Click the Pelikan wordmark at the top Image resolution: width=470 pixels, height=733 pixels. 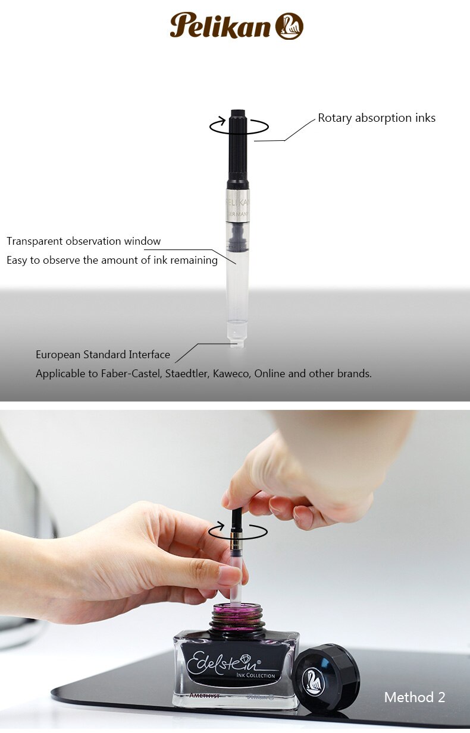click(220, 26)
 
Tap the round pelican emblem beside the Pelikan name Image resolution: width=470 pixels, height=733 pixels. click(289, 26)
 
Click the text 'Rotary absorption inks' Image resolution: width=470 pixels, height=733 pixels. click(376, 118)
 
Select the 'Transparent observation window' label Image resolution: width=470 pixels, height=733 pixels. click(84, 241)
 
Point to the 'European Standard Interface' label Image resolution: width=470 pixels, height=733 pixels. click(103, 355)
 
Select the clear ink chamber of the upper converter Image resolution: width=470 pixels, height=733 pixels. click(238, 285)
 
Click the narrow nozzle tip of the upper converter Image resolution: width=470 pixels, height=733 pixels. click(238, 341)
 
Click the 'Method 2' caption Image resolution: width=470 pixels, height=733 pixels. click(414, 697)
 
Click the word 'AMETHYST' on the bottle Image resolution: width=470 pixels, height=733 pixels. click(205, 694)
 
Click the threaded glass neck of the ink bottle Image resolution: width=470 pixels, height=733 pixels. click(238, 620)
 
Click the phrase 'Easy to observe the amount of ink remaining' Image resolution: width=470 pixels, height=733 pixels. click(112, 260)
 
